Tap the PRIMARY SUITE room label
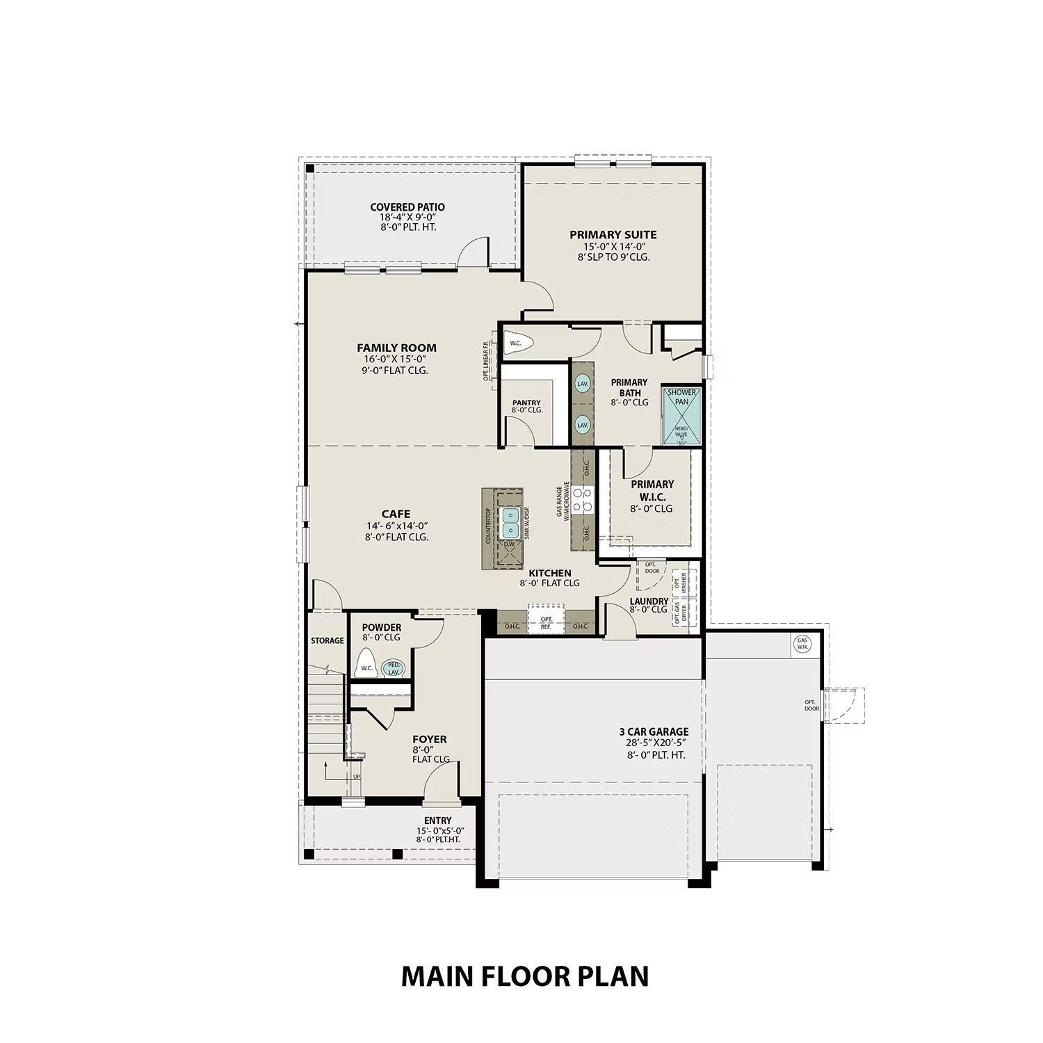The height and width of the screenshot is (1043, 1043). pyautogui.click(x=613, y=235)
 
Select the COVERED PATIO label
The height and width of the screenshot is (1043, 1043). pyautogui.click(x=407, y=207)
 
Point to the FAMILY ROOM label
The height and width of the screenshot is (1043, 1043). pyautogui.click(x=396, y=348)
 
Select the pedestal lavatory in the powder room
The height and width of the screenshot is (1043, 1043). pyautogui.click(x=394, y=668)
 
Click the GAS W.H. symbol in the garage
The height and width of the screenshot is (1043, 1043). pyautogui.click(x=802, y=643)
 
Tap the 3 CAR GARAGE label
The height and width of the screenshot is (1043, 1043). pyautogui.click(x=654, y=731)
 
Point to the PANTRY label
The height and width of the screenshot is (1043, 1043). pyautogui.click(x=526, y=403)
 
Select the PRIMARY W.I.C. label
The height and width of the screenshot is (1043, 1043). pyautogui.click(x=652, y=490)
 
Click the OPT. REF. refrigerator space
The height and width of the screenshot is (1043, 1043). pyautogui.click(x=547, y=622)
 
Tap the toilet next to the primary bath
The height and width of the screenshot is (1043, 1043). pyautogui.click(x=518, y=343)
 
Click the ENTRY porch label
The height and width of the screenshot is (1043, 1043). pyautogui.click(x=437, y=820)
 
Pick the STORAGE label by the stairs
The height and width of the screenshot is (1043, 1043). pyautogui.click(x=327, y=640)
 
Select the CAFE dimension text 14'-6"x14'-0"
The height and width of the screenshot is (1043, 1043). pyautogui.click(x=396, y=526)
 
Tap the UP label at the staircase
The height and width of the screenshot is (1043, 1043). pyautogui.click(x=357, y=777)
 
